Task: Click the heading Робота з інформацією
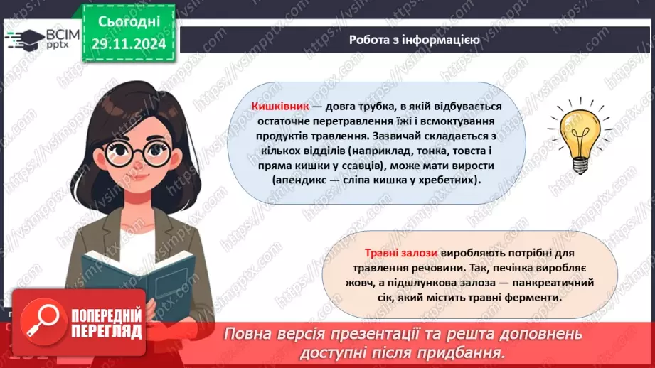point(414,40)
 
